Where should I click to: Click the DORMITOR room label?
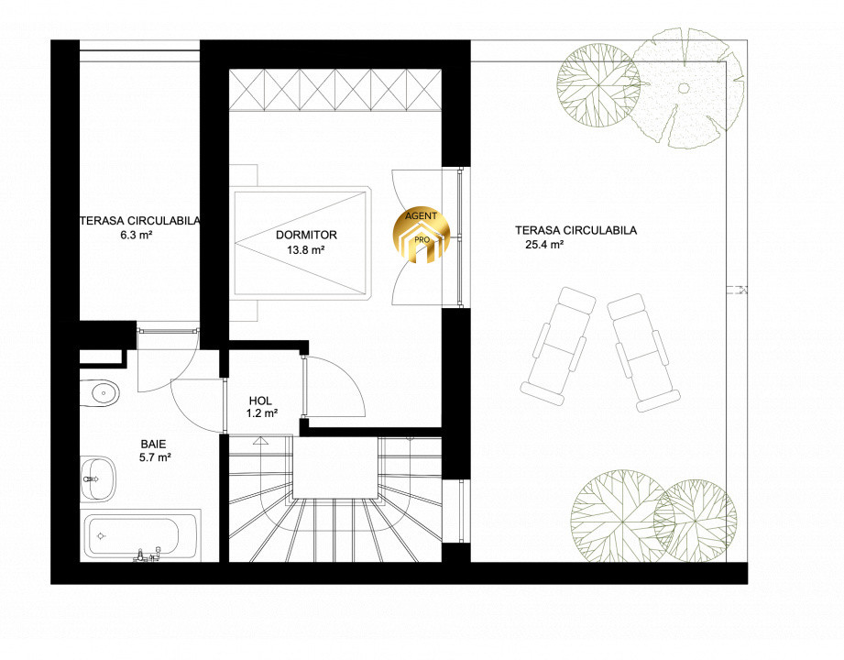click(306, 235)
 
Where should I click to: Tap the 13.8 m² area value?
click(305, 249)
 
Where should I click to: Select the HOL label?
click(260, 401)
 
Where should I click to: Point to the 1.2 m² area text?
click(262, 413)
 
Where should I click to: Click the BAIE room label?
click(153, 445)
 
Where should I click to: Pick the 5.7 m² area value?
click(155, 457)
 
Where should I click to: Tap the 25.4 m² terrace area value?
click(544, 245)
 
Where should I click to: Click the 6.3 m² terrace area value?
click(138, 235)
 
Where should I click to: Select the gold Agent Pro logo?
click(421, 236)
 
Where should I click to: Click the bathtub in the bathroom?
click(141, 535)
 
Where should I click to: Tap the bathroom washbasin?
click(98, 478)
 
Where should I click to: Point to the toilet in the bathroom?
click(99, 393)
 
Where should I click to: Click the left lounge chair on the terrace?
click(558, 346)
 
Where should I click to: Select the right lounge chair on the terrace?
click(643, 352)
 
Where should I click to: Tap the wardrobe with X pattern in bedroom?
click(334, 90)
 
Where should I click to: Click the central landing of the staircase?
click(334, 467)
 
